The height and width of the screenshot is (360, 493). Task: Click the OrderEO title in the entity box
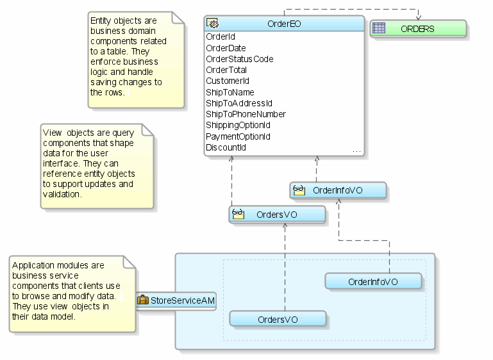pyautogui.click(x=284, y=24)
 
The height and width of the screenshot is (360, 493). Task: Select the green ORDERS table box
pyautogui.click(x=417, y=29)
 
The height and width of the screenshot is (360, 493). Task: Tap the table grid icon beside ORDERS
pyautogui.click(x=380, y=28)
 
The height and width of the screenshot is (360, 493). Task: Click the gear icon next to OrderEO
pyautogui.click(x=213, y=24)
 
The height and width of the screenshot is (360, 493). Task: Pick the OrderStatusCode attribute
pyautogui.click(x=239, y=59)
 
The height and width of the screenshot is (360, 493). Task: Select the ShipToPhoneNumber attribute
pyautogui.click(x=246, y=114)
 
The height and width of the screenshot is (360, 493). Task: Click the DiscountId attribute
pyautogui.click(x=226, y=147)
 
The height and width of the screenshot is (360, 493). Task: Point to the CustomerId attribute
pyautogui.click(x=228, y=81)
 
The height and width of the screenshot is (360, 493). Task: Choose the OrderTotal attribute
pyautogui.click(x=226, y=70)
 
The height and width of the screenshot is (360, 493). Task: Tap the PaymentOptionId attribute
pyautogui.click(x=238, y=136)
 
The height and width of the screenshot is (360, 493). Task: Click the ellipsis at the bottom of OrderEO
pyautogui.click(x=356, y=151)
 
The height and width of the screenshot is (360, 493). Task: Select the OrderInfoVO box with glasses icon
pyautogui.click(x=338, y=190)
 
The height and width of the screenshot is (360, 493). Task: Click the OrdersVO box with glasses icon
pyautogui.click(x=277, y=215)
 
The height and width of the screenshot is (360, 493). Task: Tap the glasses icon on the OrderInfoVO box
pyautogui.click(x=299, y=190)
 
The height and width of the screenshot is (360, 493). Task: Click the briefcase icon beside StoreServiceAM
pyautogui.click(x=143, y=299)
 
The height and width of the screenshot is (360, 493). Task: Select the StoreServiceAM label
pyautogui.click(x=183, y=299)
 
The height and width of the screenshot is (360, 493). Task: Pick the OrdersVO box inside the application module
pyautogui.click(x=278, y=319)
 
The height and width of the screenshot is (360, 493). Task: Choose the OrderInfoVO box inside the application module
pyautogui.click(x=373, y=281)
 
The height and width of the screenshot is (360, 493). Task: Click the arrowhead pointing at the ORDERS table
pyautogui.click(x=419, y=17)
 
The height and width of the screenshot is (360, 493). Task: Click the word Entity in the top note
pyautogui.click(x=101, y=21)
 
